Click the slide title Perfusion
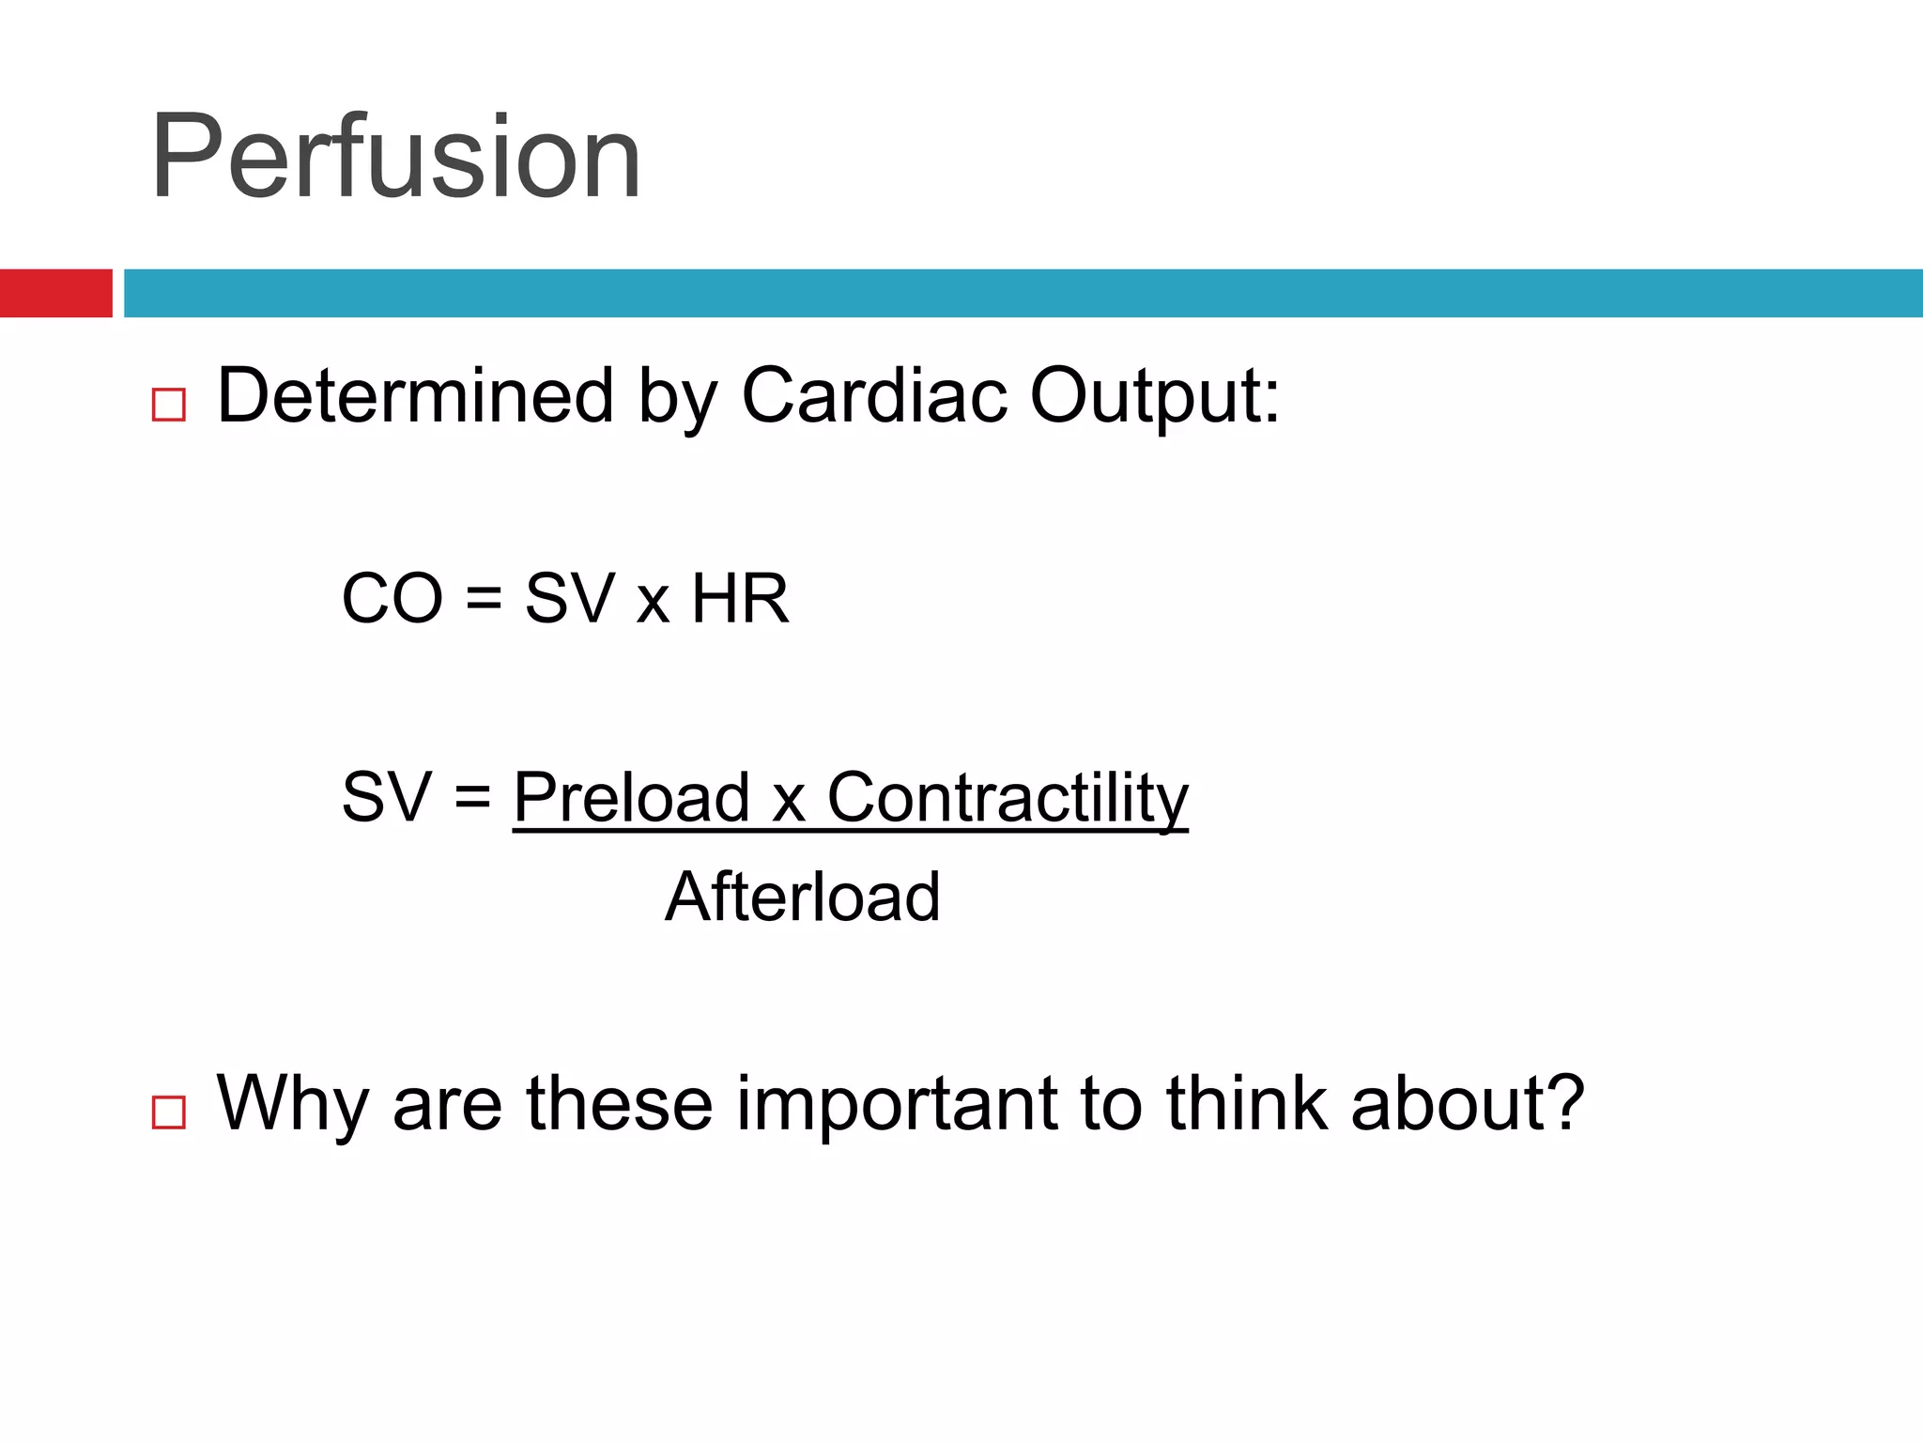click(x=395, y=158)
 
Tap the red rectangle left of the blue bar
click(x=55, y=293)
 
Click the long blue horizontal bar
click(x=1022, y=293)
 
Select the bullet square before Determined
click(x=169, y=405)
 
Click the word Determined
click(x=415, y=396)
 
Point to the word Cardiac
click(x=874, y=396)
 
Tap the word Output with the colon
click(x=1154, y=396)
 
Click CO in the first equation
click(x=392, y=599)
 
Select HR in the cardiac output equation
click(x=740, y=599)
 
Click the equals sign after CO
click(x=484, y=599)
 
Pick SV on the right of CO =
click(x=569, y=599)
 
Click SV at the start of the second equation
click(x=386, y=797)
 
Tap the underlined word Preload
click(x=632, y=797)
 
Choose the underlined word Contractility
click(x=1007, y=797)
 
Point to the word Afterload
click(x=803, y=897)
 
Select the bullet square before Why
click(x=169, y=1112)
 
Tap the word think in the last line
click(x=1246, y=1104)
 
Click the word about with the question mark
click(x=1467, y=1104)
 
